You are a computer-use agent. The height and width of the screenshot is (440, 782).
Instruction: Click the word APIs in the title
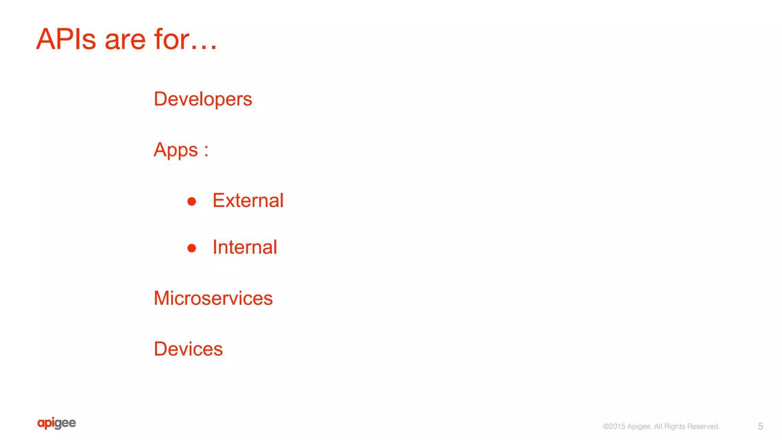point(66,39)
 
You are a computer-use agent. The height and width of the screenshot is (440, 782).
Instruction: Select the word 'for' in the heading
point(171,39)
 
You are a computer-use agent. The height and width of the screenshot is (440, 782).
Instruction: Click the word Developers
point(203,99)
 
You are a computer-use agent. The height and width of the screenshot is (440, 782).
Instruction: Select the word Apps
point(176,150)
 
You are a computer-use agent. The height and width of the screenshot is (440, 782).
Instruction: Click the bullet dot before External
point(192,201)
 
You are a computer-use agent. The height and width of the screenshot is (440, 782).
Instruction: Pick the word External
point(248,200)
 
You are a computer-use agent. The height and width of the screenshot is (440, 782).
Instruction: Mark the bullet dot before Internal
point(192,248)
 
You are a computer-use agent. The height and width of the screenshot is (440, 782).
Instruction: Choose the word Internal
point(245,247)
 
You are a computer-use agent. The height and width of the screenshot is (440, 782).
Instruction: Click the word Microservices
point(213,298)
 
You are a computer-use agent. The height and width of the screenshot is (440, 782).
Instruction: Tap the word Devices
point(188,349)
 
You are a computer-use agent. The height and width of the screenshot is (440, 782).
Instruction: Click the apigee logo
point(57,423)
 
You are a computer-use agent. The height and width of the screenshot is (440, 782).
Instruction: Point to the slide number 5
point(760,426)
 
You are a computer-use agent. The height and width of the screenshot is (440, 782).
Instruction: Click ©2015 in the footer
point(614,426)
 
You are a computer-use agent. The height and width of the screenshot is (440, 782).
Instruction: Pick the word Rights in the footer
point(675,427)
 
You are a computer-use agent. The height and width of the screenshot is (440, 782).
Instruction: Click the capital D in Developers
point(160,99)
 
